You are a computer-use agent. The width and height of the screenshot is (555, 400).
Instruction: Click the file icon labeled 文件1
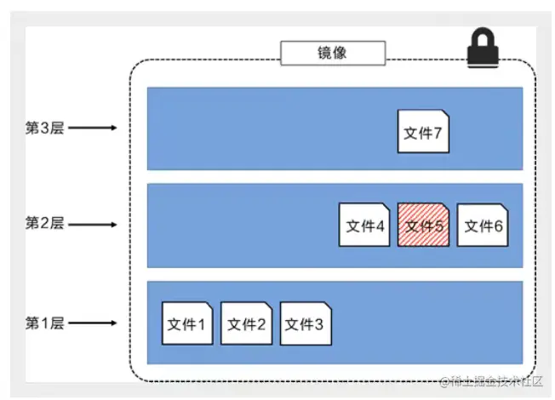coord(186,323)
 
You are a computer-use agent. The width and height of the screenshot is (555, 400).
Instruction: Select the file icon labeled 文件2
coord(246,323)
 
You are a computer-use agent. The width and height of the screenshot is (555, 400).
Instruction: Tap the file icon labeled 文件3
coord(306,323)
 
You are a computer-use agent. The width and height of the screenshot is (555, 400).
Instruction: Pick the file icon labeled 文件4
coord(364,226)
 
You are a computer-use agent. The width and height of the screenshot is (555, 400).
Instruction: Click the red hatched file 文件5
coord(423,226)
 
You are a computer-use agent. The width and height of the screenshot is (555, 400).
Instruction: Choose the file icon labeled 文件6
coord(483,226)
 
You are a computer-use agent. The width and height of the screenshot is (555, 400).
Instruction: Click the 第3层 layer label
coord(44,129)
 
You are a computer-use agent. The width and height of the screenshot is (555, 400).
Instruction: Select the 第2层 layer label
coord(44,225)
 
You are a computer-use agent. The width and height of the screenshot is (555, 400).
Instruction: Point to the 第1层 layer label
coord(44,323)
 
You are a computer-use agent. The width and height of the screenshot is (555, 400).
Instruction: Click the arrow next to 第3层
coord(92,129)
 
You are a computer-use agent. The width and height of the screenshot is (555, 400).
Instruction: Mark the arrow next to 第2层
coord(92,225)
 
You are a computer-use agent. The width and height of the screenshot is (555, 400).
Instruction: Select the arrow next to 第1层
coord(92,323)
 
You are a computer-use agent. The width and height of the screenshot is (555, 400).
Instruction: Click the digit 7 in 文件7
coord(437,132)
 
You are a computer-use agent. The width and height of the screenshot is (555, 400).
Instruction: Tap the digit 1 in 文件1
coord(201,324)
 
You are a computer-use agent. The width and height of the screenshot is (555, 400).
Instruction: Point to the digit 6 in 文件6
coord(498,226)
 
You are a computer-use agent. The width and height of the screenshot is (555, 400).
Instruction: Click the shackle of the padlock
coord(487,38)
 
